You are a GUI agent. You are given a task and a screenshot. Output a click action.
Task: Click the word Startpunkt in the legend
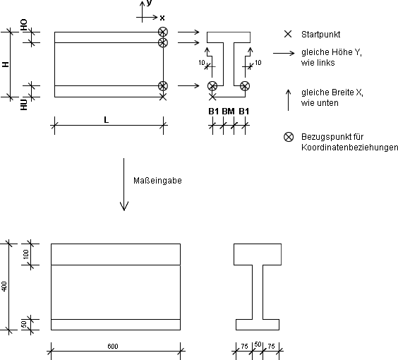[x=320, y=35]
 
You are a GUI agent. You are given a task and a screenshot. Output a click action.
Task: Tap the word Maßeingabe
[x=157, y=181]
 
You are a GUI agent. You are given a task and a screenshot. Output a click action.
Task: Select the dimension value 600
[x=113, y=347]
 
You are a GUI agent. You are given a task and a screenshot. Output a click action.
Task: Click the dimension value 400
[x=4, y=287]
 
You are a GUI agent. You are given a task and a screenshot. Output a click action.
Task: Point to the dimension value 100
[x=26, y=254]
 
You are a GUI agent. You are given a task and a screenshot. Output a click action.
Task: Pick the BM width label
[x=228, y=112]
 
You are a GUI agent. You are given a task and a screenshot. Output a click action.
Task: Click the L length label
[x=106, y=120]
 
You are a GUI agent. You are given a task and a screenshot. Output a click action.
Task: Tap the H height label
[x=6, y=64]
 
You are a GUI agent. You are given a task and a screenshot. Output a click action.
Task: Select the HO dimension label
[x=23, y=25]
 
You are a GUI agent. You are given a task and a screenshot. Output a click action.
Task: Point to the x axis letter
[x=162, y=18]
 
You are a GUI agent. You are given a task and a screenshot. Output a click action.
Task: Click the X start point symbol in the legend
[x=288, y=34]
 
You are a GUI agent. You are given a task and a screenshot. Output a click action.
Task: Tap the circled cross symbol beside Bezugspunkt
[x=289, y=137]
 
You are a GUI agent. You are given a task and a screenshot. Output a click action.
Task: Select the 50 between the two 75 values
[x=258, y=344]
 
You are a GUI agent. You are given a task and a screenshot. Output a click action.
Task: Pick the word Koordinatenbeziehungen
[x=349, y=148]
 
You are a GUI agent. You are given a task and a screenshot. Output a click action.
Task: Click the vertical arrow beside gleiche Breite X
[x=288, y=100]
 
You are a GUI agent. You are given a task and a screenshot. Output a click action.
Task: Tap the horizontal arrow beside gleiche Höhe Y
[x=284, y=53]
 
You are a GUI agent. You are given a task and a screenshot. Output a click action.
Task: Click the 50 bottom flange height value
[x=24, y=325]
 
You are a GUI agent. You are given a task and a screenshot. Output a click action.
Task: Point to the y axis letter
[x=150, y=3]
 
